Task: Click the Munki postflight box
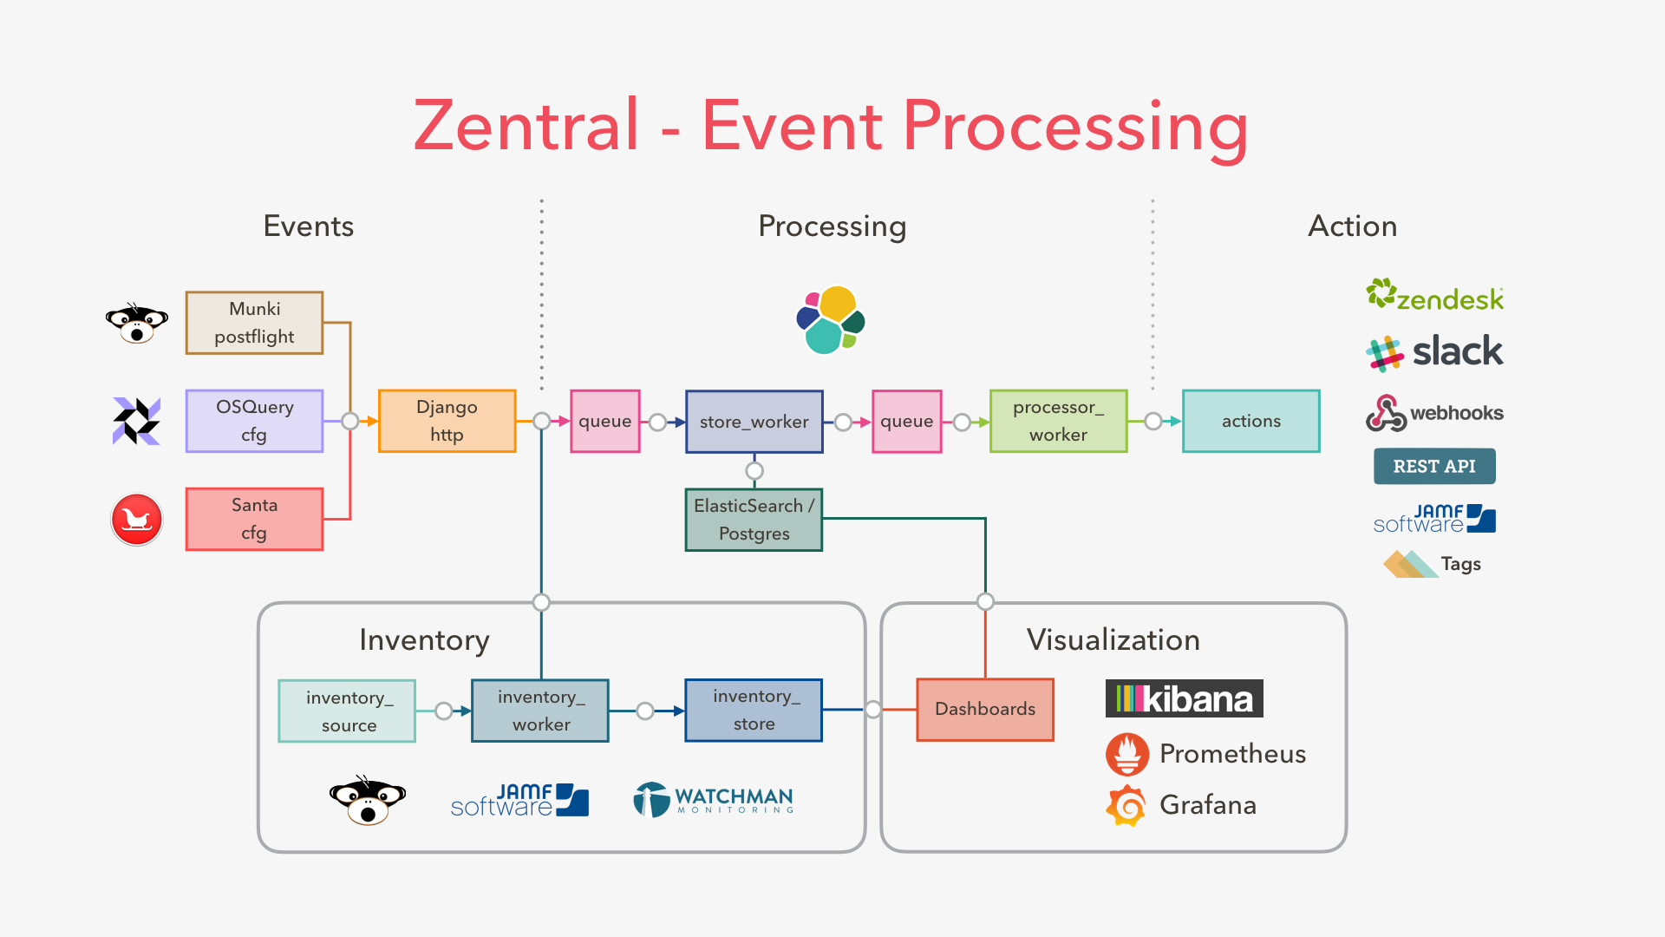point(254,323)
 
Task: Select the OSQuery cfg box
point(254,421)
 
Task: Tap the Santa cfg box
point(254,519)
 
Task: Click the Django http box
point(447,421)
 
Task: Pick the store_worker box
point(754,422)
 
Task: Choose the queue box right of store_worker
point(906,422)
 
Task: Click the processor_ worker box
point(1058,421)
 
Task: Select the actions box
point(1250,421)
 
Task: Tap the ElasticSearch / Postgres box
point(754,520)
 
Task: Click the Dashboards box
point(985,709)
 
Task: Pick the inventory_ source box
point(347,711)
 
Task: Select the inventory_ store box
point(754,710)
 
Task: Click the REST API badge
point(1434,466)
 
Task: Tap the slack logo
point(1434,352)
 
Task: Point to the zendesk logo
point(1434,297)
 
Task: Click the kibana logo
point(1184,698)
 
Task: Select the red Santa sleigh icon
point(137,520)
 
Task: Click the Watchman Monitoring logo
point(714,799)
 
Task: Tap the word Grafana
point(1207,805)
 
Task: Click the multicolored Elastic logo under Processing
point(830,320)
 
